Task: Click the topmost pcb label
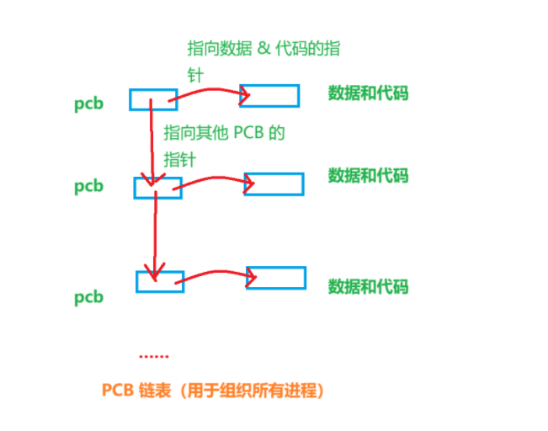click(x=88, y=106)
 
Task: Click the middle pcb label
click(x=88, y=186)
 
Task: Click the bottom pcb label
click(x=88, y=297)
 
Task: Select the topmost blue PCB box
click(x=153, y=99)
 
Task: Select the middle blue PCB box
click(x=157, y=188)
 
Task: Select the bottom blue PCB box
click(x=160, y=281)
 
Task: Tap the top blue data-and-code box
click(x=269, y=95)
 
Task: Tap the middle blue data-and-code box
click(x=274, y=184)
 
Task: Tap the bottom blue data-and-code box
click(x=276, y=277)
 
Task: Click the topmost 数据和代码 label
click(x=368, y=93)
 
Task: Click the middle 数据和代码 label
click(x=368, y=175)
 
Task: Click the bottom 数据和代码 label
click(x=368, y=286)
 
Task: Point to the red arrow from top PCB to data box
click(x=206, y=91)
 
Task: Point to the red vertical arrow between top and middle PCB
click(x=152, y=143)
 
